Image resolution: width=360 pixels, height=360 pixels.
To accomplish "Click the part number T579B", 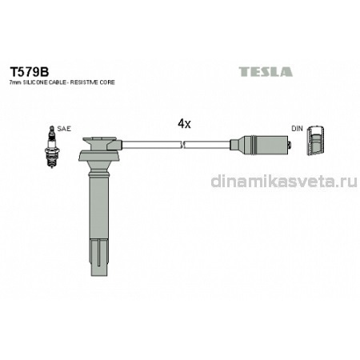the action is point(30,72).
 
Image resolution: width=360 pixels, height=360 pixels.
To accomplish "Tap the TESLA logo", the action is point(266,72).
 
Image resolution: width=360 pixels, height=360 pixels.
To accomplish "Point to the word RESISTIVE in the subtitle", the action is point(85,82).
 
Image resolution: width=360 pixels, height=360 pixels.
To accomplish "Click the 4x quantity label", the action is point(184,124).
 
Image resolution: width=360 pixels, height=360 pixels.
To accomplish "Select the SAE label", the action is point(64,129).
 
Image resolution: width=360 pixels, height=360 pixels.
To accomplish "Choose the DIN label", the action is point(297,129).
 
